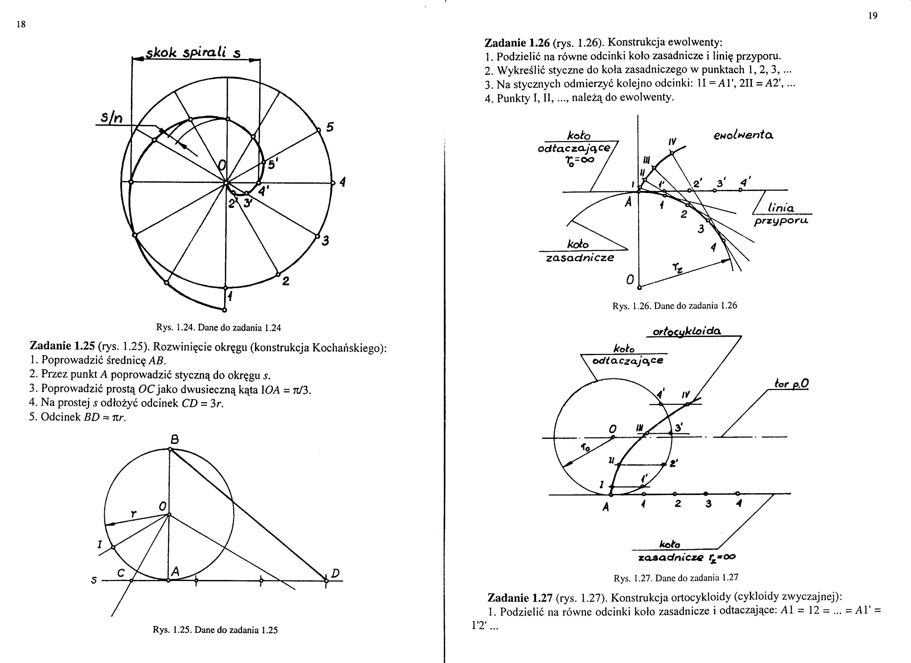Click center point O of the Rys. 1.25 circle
[x=169, y=515]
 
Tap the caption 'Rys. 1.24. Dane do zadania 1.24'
[x=218, y=328]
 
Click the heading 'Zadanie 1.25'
[x=62, y=346]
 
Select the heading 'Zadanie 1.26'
[x=517, y=42]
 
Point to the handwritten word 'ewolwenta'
[x=744, y=135]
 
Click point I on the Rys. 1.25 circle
[x=113, y=547]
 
